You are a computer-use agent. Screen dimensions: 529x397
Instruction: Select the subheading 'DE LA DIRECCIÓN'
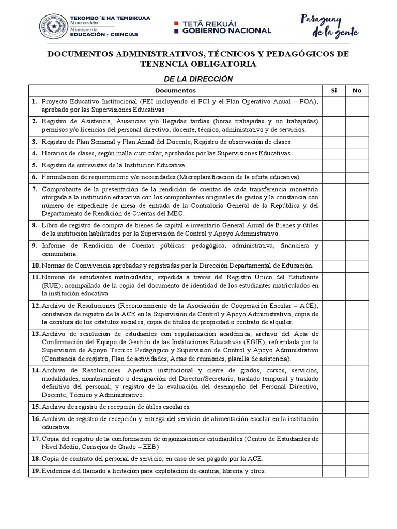tap(198, 79)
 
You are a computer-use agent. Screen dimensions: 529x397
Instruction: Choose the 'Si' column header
tap(334, 90)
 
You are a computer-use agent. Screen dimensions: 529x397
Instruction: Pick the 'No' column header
tap(357, 90)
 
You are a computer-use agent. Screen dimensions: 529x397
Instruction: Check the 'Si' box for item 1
tap(334, 106)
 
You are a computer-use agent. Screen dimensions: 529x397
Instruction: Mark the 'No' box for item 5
tap(357, 165)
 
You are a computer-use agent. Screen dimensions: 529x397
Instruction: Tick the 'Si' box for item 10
tap(334, 266)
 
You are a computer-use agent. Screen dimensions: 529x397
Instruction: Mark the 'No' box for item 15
tap(357, 407)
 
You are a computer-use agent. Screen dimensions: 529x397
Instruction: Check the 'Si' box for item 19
tap(334, 471)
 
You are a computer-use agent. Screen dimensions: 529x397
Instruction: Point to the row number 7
tap(35, 189)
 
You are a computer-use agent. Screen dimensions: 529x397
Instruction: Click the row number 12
tap(36, 305)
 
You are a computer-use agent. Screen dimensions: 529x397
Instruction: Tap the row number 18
tap(36, 458)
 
